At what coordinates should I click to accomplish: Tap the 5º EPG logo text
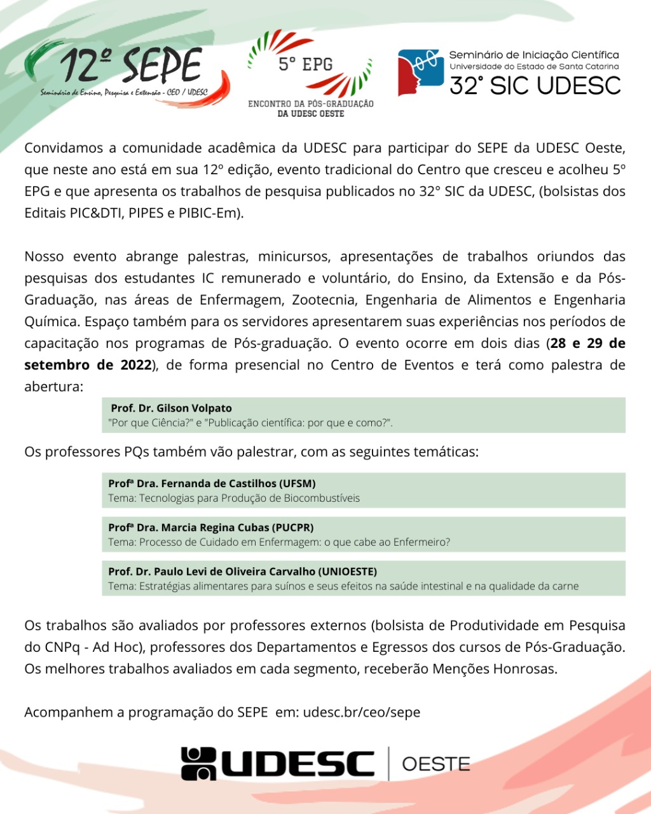click(305, 64)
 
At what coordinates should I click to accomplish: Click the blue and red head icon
click(420, 72)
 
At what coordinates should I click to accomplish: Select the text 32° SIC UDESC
click(535, 85)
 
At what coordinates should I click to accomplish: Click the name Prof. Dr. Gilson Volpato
click(171, 408)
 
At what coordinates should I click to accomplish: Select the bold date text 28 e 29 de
click(588, 343)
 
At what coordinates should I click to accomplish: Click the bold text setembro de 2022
click(88, 365)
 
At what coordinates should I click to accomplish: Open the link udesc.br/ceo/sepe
click(362, 712)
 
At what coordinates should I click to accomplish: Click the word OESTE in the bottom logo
click(436, 764)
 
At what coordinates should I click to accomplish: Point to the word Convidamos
click(62, 148)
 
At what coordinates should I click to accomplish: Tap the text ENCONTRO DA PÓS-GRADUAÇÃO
click(311, 104)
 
